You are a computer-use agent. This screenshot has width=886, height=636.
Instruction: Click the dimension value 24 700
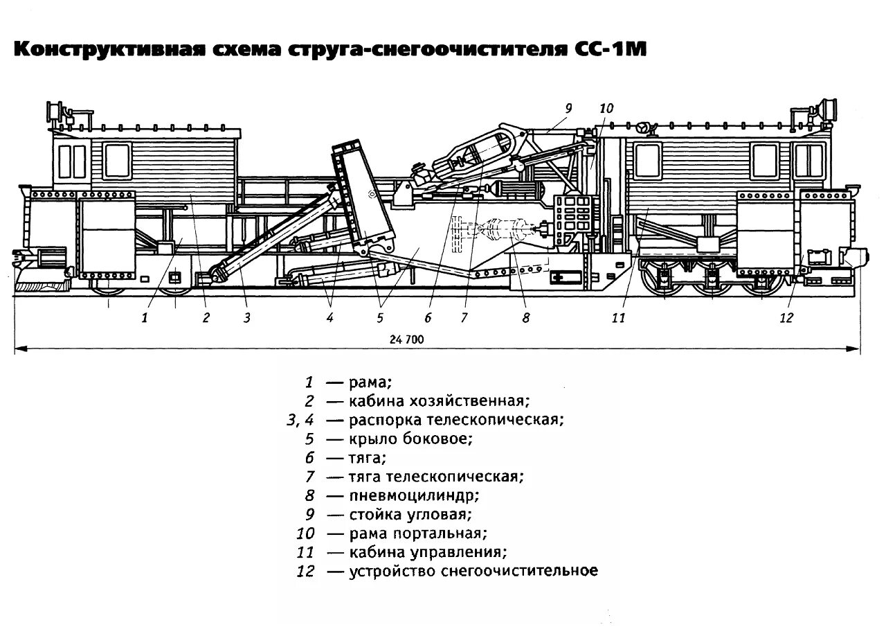(406, 339)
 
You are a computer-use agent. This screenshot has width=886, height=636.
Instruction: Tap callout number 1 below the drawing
(145, 318)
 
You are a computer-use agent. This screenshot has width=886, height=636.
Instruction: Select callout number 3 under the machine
(246, 318)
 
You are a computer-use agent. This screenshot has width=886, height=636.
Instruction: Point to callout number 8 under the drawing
(525, 318)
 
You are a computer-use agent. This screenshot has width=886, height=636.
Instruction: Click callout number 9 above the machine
(568, 108)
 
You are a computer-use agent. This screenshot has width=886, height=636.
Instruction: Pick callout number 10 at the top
(606, 108)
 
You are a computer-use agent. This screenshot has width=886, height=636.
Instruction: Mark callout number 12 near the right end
(786, 318)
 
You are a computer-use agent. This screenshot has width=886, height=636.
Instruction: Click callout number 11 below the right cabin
(618, 318)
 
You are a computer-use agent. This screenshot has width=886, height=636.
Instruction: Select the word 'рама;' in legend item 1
(370, 382)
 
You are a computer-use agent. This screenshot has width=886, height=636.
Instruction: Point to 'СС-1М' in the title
(609, 51)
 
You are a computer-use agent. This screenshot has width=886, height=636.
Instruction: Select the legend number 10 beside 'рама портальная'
(305, 533)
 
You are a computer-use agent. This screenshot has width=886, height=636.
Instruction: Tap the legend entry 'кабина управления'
(428, 552)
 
